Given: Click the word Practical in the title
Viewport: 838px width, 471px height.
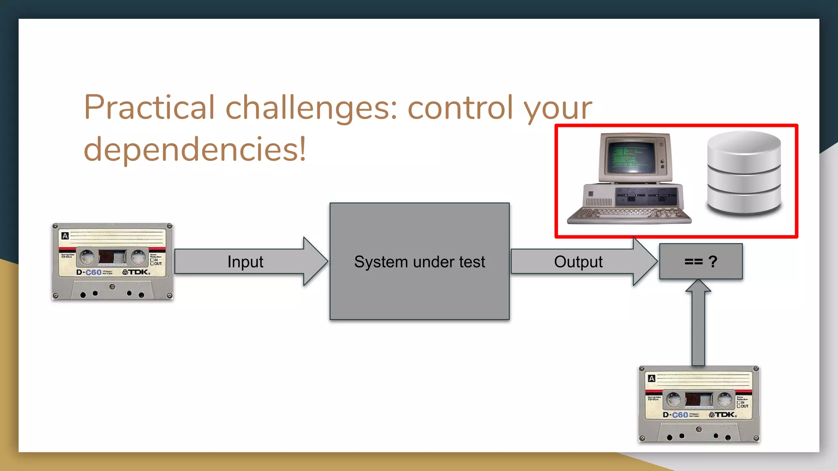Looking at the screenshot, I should click(149, 107).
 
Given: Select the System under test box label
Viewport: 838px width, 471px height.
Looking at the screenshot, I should click(419, 262).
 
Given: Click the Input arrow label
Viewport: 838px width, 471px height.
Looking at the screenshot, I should click(245, 262).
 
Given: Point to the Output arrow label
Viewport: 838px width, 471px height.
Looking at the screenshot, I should click(578, 262).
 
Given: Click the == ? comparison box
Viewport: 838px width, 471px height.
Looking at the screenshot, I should click(701, 261).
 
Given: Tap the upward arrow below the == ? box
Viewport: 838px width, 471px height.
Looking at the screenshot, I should click(698, 323).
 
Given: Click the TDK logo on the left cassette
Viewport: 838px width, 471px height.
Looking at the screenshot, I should click(136, 272).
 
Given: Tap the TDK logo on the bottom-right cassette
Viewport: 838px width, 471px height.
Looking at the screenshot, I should click(723, 415).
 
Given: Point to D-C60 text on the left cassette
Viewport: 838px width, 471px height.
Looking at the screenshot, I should click(89, 272).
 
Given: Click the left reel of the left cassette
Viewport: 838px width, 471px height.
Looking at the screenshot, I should click(87, 257).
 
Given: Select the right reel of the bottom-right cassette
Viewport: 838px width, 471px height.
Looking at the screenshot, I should click(725, 399).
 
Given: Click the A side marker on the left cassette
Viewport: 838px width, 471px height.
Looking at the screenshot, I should click(65, 235).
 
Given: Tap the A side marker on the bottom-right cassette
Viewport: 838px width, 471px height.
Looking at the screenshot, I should click(651, 378).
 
